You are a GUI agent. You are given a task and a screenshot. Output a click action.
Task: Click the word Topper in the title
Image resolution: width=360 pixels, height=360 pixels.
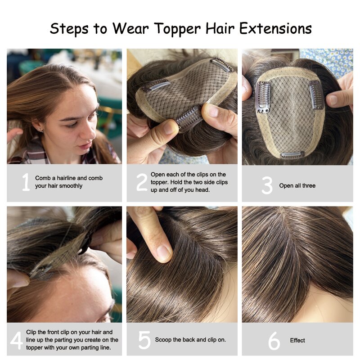point(169,29)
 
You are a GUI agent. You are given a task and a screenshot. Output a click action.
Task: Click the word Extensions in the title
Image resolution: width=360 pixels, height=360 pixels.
point(275,29)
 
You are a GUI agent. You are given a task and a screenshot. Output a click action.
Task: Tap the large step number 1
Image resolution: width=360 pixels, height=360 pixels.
point(25,182)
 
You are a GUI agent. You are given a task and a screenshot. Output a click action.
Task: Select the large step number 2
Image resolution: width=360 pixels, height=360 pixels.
point(142,182)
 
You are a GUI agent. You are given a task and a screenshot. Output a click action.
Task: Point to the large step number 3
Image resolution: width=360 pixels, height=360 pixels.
point(267,186)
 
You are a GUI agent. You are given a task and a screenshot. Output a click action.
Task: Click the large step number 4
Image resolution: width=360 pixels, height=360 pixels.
point(16,340)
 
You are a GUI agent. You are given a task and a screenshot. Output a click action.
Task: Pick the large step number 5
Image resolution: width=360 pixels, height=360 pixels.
point(144,340)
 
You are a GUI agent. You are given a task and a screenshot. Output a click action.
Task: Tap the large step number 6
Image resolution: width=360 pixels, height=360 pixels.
point(274,341)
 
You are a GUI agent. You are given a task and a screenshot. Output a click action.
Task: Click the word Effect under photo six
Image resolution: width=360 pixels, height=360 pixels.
point(297,341)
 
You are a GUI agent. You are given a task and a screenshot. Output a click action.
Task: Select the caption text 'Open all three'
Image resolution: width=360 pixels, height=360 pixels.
point(297,186)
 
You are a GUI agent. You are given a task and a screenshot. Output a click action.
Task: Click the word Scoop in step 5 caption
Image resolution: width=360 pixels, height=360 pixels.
point(163,340)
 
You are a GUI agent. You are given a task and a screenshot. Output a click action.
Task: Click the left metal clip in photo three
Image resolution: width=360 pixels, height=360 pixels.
point(262,97)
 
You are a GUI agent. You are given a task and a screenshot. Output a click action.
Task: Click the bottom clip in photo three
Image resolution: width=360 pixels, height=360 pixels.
point(292,155)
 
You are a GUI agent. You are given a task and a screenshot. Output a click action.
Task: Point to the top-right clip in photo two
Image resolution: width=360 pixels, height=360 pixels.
point(222,64)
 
